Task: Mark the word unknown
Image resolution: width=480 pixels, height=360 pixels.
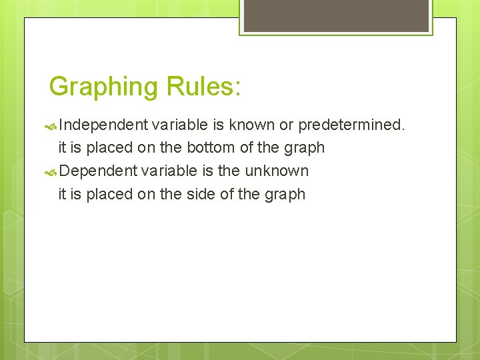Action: [277, 171]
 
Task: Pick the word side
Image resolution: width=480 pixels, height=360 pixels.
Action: [198, 195]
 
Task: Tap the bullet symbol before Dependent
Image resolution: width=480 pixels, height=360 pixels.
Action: [51, 171]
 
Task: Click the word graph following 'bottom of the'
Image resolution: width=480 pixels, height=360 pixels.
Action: [303, 148]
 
